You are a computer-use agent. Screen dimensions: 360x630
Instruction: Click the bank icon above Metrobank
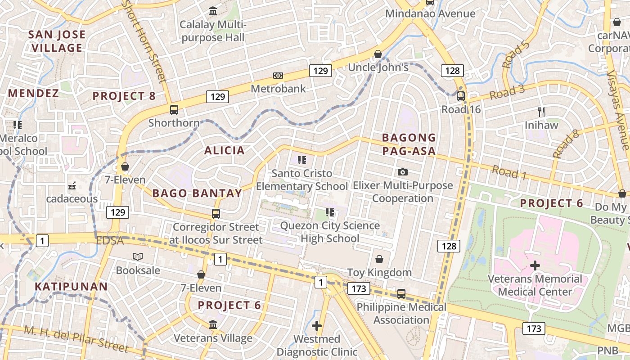(x=278, y=76)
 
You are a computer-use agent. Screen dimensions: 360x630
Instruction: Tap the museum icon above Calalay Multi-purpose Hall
(x=213, y=10)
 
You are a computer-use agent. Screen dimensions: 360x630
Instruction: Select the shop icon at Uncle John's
(x=378, y=54)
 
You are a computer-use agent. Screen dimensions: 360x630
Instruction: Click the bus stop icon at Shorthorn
(x=174, y=110)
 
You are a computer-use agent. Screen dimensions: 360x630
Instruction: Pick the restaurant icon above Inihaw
(x=541, y=112)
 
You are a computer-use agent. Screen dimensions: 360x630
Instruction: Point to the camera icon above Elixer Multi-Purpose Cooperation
(x=403, y=172)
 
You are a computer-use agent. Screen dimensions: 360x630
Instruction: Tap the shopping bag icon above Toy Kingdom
(x=379, y=259)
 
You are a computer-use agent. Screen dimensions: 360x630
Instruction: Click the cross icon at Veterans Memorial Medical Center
(x=535, y=265)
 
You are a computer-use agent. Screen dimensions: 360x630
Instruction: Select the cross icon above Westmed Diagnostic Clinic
(x=317, y=325)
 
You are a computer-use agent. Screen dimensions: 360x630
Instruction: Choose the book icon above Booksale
(x=138, y=257)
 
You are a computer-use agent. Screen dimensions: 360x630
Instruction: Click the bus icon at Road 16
(x=460, y=96)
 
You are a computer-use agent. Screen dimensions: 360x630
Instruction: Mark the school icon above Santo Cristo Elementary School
(x=302, y=160)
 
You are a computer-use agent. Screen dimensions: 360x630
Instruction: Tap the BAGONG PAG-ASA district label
(x=409, y=144)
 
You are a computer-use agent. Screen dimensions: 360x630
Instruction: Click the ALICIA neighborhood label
(x=225, y=150)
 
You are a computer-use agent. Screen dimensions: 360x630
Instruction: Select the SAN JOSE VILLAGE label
(x=57, y=41)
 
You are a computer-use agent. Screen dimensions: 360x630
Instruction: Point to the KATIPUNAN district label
(x=71, y=287)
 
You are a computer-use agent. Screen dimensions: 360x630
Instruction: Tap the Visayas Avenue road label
(x=617, y=110)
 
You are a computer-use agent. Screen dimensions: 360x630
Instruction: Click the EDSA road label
(x=110, y=241)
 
